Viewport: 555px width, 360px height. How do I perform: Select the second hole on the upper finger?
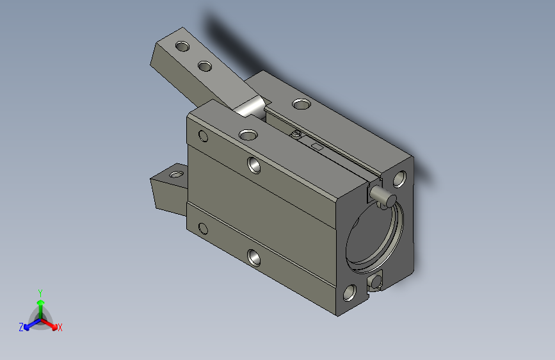[205, 66]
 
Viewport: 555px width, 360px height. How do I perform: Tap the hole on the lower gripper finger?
[174, 173]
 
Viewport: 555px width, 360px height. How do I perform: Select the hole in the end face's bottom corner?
[350, 293]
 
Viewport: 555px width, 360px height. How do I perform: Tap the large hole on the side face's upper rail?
[254, 165]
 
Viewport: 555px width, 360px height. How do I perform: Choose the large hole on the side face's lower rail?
[253, 258]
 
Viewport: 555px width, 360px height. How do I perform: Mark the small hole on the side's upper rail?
[204, 136]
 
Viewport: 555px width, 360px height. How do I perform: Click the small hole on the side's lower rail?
[204, 229]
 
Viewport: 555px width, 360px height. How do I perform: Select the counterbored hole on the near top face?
[247, 134]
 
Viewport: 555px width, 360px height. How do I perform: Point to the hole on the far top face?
[299, 103]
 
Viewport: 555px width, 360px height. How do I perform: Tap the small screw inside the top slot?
[296, 134]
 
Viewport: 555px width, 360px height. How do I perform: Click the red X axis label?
[60, 328]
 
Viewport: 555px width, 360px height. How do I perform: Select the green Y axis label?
[40, 291]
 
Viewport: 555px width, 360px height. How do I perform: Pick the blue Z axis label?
[21, 327]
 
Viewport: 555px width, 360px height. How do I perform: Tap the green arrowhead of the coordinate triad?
[40, 301]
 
